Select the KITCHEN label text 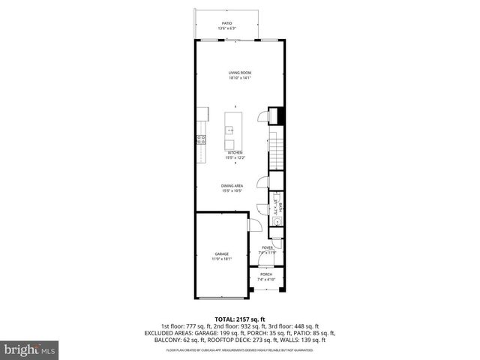pyautogui.click(x=235, y=152)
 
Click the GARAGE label pyautogui.click(x=222, y=254)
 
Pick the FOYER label pyautogui.click(x=266, y=247)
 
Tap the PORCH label pyautogui.click(x=266, y=274)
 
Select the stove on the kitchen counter pyautogui.click(x=200, y=139)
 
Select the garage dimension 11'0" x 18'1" pyautogui.click(x=222, y=259)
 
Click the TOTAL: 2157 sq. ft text pyautogui.click(x=240, y=319)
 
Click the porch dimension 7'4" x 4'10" pyautogui.click(x=266, y=280)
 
